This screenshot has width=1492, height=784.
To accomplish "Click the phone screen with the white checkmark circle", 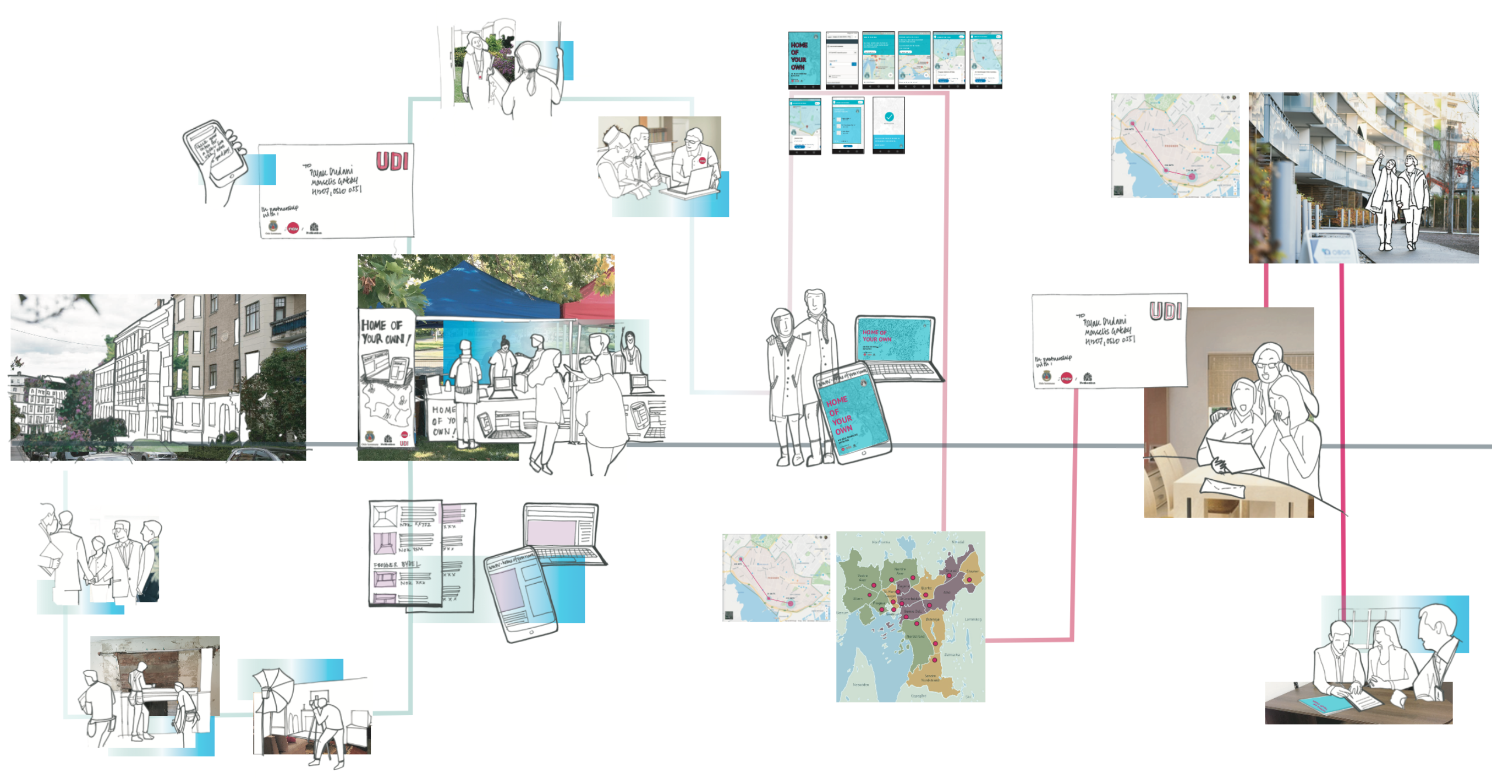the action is click(888, 125).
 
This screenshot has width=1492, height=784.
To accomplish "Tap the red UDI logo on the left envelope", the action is click(393, 161).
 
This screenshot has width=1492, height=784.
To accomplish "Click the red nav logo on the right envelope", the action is click(1066, 378).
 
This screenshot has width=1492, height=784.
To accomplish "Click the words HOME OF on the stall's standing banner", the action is click(381, 325).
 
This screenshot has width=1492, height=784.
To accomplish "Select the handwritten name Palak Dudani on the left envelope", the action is click(331, 172).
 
